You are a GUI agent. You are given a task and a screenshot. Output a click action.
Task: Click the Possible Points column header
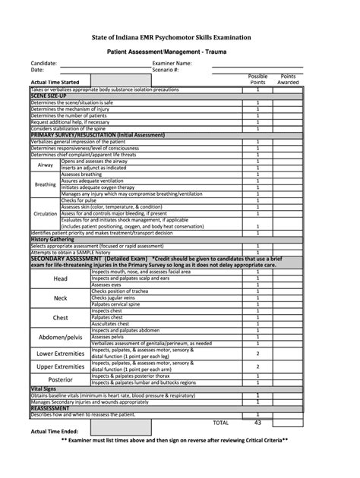tap(258, 79)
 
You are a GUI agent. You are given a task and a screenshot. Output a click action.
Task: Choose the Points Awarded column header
tap(289, 79)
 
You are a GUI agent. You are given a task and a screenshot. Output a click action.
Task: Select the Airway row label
tap(46, 164)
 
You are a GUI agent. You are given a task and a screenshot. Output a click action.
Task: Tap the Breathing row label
tap(46, 184)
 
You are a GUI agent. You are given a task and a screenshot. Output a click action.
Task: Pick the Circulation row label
tap(46, 213)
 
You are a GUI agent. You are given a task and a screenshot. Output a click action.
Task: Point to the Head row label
tap(60, 278)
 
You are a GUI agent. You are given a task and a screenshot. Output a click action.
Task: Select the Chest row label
tap(60, 317)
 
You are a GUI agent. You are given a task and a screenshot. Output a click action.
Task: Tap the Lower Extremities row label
tap(60, 354)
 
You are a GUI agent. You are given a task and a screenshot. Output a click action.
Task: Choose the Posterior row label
tap(60, 379)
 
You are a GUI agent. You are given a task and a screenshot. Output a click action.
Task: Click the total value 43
tap(258, 423)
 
